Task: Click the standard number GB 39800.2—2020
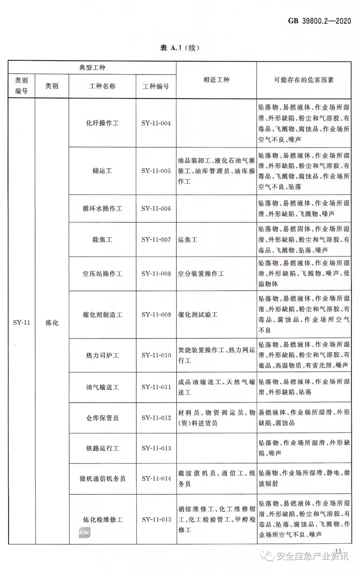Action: coord(319,21)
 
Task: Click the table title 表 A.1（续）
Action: coord(180,48)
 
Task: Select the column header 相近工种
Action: coord(216,80)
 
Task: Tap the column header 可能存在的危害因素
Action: coord(304,80)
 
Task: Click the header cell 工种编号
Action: coord(156,86)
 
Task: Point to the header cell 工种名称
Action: coord(102,86)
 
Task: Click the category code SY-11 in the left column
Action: coord(21,322)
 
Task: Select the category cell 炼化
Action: coord(52,322)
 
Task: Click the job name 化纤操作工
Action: coord(102,123)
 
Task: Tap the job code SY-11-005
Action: coord(156,171)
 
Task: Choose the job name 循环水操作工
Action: coord(102,209)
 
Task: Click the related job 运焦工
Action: coord(187,240)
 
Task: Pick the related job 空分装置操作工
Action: coord(201,274)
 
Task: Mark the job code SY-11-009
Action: coord(156,314)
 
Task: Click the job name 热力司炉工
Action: coord(102,355)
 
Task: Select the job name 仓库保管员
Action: coord(102,418)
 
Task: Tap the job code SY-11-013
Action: coord(156,448)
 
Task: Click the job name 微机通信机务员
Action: coord(102,479)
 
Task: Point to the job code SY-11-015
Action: coord(156,519)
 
